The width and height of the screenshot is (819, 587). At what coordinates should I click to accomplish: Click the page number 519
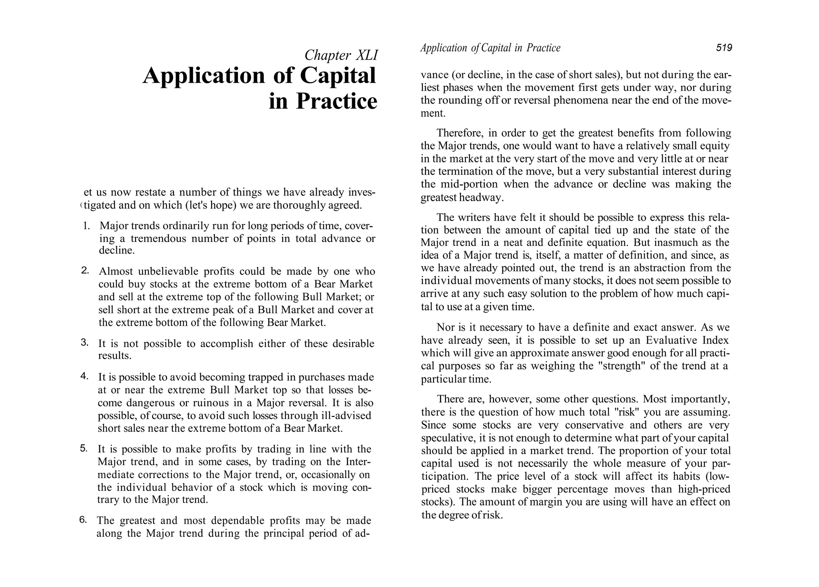click(x=724, y=48)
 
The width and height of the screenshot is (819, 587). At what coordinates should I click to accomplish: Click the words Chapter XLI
click(x=341, y=55)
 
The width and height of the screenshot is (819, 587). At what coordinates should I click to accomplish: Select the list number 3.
click(x=84, y=342)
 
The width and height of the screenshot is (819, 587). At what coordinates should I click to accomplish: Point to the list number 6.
click(x=83, y=519)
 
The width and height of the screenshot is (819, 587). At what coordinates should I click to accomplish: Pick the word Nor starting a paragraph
click(x=445, y=327)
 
